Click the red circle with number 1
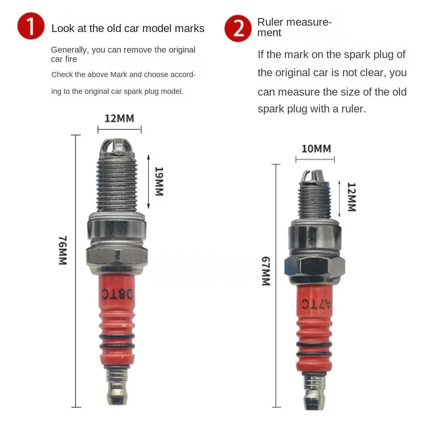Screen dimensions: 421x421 click(31, 26)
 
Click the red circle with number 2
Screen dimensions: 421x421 click(238, 28)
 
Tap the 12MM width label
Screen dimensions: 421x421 click(119, 118)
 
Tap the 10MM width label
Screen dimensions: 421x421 click(316, 149)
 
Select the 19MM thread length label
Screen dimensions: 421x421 click(159, 181)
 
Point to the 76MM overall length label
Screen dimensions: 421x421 click(62, 250)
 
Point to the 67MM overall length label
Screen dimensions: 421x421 click(265, 271)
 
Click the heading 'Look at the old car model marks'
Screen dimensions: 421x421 click(128, 28)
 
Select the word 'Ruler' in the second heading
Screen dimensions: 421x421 click(271, 22)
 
